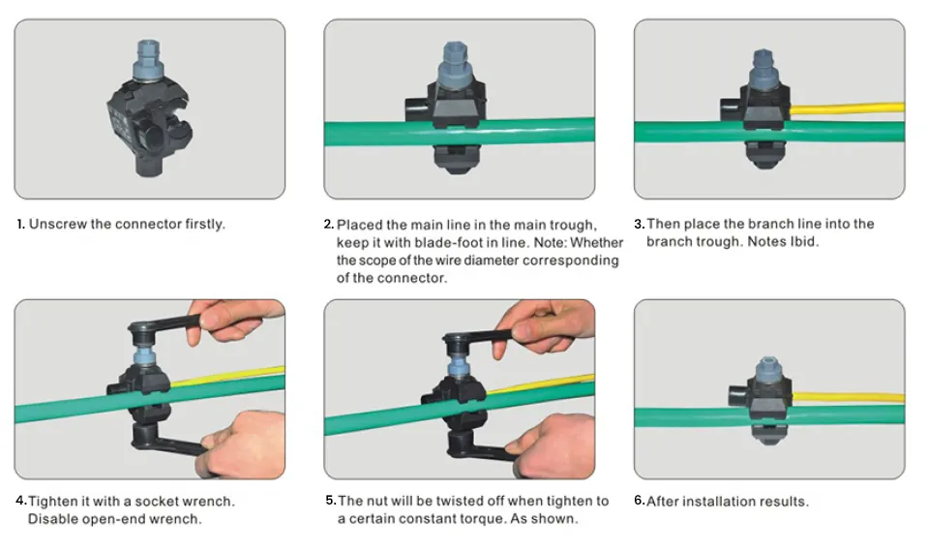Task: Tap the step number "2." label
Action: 329,225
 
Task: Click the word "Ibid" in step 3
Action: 803,241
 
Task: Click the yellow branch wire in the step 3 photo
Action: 846,108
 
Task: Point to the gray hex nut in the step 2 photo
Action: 455,64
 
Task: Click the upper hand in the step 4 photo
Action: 236,321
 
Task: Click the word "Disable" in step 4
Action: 52,519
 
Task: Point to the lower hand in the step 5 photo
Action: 553,445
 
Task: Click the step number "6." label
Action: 639,501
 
